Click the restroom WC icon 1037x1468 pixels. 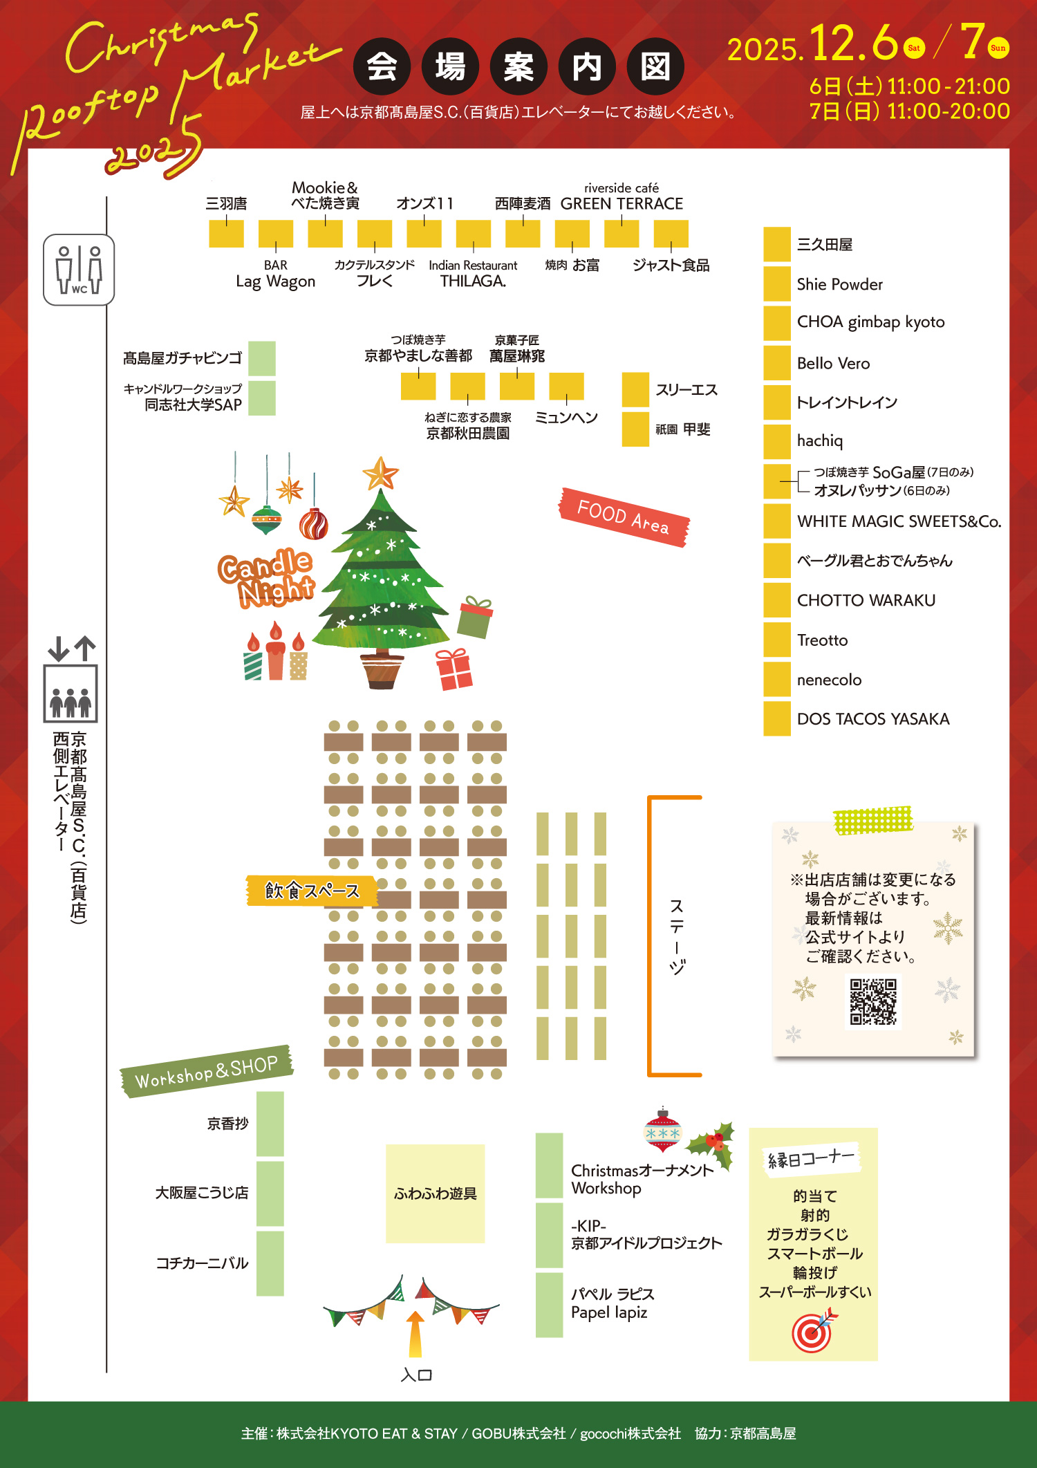tap(79, 270)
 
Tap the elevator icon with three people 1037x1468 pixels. tap(71, 694)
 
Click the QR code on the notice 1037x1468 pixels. tap(873, 1001)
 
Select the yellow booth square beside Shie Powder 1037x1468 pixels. tap(776, 284)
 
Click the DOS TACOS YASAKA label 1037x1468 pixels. tap(872, 719)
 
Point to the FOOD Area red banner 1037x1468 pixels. tap(624, 517)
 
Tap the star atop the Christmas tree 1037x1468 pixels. tap(380, 474)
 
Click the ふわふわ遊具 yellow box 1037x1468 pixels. tap(435, 1193)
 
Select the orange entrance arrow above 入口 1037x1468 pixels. tap(415, 1334)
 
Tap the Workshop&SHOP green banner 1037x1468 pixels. tap(206, 1071)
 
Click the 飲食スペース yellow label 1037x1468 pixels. tap(312, 891)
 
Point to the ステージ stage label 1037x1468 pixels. tap(677, 936)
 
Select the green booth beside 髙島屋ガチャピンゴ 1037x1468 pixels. tap(262, 358)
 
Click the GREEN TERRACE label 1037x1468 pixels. tap(622, 204)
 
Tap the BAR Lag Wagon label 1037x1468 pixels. tap(275, 275)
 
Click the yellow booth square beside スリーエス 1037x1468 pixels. tap(635, 389)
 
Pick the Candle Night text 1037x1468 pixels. tap(267, 578)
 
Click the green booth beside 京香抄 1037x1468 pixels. tap(270, 1124)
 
